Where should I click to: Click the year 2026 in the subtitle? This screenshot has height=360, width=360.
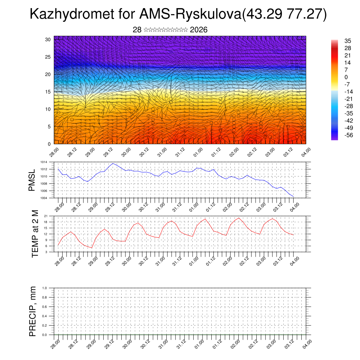[x=199, y=30]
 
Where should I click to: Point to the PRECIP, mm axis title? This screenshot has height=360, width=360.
[x=32, y=311]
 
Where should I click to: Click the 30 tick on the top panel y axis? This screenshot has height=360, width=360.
[x=48, y=39]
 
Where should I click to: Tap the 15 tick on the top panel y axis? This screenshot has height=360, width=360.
[x=48, y=92]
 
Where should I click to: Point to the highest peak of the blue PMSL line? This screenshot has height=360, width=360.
[x=113, y=163]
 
